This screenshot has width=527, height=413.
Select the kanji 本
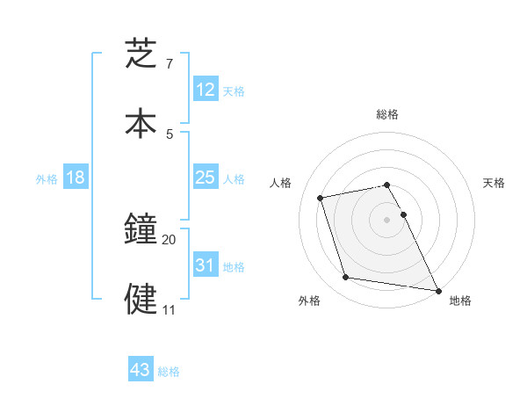(x=141, y=122)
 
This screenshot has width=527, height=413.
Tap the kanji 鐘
(x=141, y=230)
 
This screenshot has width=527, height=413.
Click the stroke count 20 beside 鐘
(x=170, y=239)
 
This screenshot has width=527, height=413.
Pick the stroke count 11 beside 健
(x=169, y=309)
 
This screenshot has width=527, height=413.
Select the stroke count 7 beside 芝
(x=170, y=63)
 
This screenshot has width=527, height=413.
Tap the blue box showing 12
(x=205, y=90)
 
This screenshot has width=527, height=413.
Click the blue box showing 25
(x=205, y=178)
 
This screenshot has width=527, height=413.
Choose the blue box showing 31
(x=205, y=265)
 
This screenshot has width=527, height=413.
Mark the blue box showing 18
(x=76, y=178)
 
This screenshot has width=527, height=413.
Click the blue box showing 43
(x=141, y=370)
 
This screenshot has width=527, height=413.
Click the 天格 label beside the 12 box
(x=234, y=91)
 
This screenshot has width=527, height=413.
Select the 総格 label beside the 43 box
(x=169, y=372)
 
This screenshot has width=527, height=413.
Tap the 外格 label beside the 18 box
(x=47, y=179)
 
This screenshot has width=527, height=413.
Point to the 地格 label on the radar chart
(x=460, y=301)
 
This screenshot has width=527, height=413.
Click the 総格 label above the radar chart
(x=387, y=114)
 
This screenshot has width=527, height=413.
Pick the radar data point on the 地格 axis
(x=437, y=289)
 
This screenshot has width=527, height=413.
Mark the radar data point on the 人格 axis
(x=321, y=197)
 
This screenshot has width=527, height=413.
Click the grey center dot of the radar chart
(x=387, y=219)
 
